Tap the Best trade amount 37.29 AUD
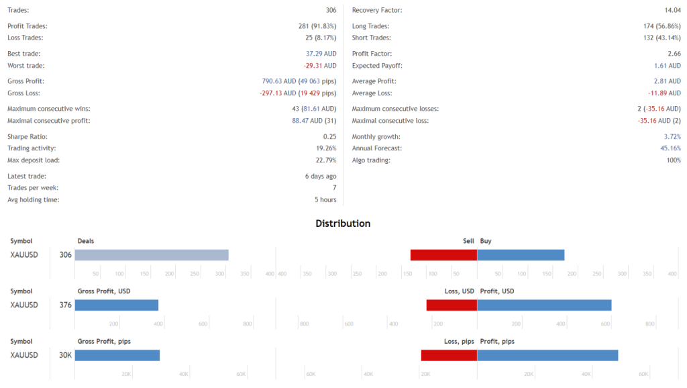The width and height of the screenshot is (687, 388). tap(321, 54)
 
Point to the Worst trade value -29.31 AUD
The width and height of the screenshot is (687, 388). tap(319, 66)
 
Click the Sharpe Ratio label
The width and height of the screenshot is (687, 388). tap(27, 136)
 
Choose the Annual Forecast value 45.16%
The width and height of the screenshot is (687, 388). tap(670, 148)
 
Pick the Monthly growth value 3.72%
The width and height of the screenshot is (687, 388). tap(672, 136)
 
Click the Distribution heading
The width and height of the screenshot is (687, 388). tap(343, 224)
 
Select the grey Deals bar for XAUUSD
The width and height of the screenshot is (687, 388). tap(152, 255)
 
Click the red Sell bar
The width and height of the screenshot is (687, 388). tap(443, 255)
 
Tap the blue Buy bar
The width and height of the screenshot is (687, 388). tap(521, 255)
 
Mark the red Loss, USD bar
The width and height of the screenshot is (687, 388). tap(452, 305)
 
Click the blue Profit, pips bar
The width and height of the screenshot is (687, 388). tap(547, 355)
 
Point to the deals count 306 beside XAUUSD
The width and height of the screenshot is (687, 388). tap(65, 255)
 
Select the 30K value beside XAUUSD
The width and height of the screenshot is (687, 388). tap(65, 355)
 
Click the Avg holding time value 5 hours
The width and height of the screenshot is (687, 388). tap(325, 200)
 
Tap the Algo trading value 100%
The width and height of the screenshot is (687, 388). tap(673, 160)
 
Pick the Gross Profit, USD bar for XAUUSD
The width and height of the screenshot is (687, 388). tap(117, 305)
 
